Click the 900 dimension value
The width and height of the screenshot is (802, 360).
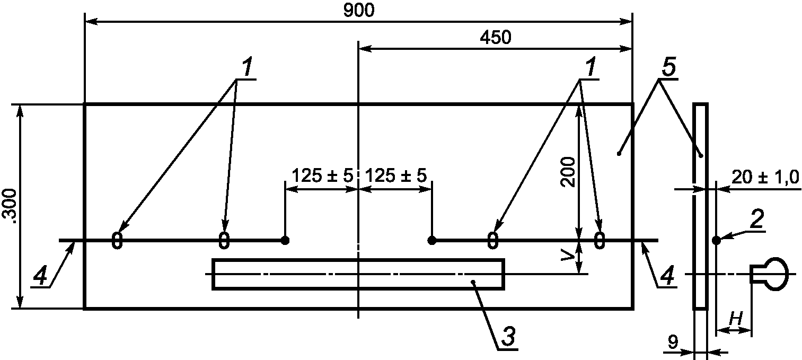pos(359,11)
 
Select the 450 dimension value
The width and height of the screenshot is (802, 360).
pos(496,38)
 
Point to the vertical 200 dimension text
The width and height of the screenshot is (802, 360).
pos(568,172)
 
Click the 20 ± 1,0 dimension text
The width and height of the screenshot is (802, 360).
pos(765,177)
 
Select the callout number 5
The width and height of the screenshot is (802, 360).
pos(668,67)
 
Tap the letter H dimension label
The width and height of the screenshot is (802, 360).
pos(736,319)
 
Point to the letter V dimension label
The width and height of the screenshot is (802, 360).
pos(568,254)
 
